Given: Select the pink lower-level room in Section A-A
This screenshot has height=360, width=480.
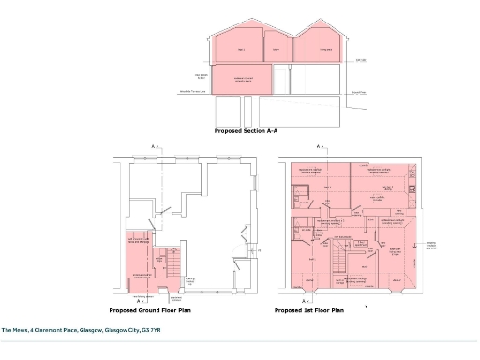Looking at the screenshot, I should [244, 79].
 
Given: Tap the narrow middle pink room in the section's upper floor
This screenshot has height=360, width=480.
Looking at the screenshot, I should [277, 49].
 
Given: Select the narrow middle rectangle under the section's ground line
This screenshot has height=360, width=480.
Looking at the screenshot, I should [277, 112].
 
